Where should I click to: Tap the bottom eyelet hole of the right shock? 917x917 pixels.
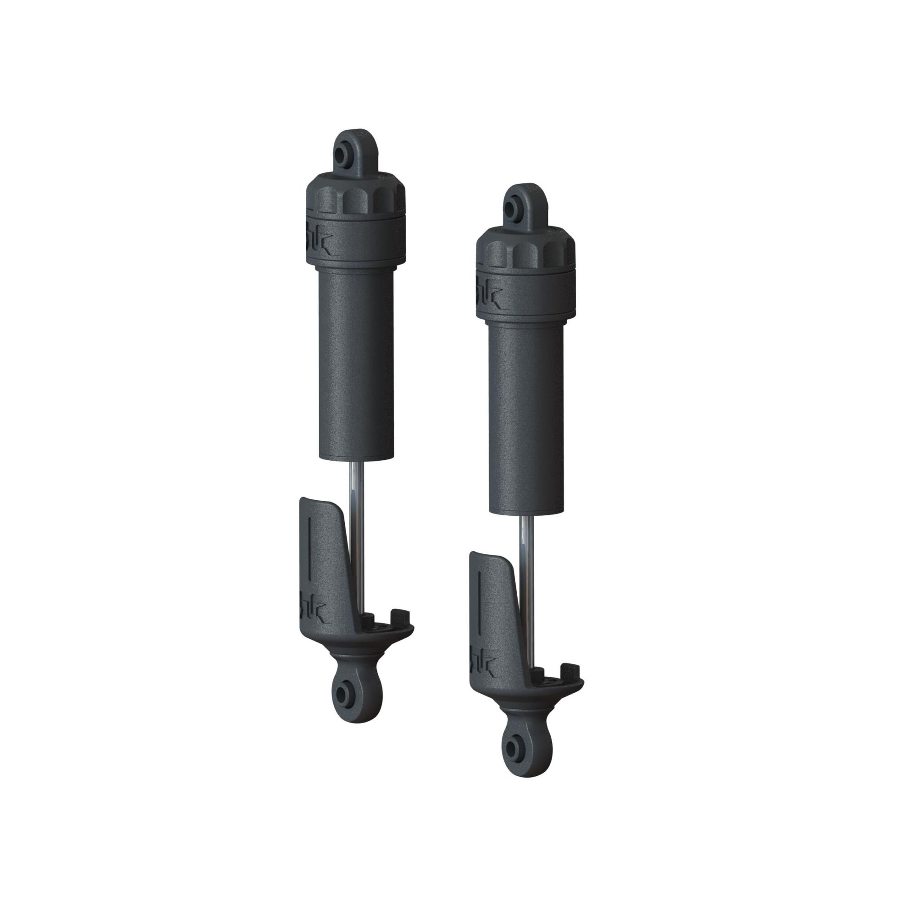click(x=512, y=750)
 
